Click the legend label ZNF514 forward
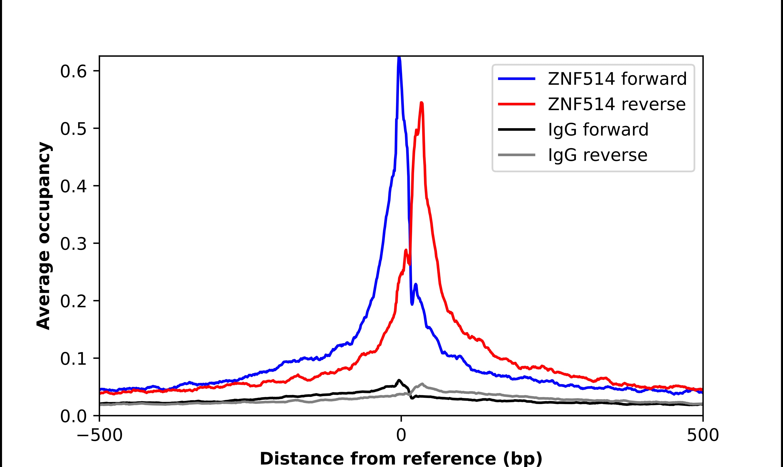617,79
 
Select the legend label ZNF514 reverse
616,104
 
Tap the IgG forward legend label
598,130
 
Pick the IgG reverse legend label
598,155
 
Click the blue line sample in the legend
516,79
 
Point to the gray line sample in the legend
516,155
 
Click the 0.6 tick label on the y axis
73,72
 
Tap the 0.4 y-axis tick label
73,186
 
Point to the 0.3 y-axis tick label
73,244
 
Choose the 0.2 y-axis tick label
73,301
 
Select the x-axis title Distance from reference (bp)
401,458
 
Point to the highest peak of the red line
422,103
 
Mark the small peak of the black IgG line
399,380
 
